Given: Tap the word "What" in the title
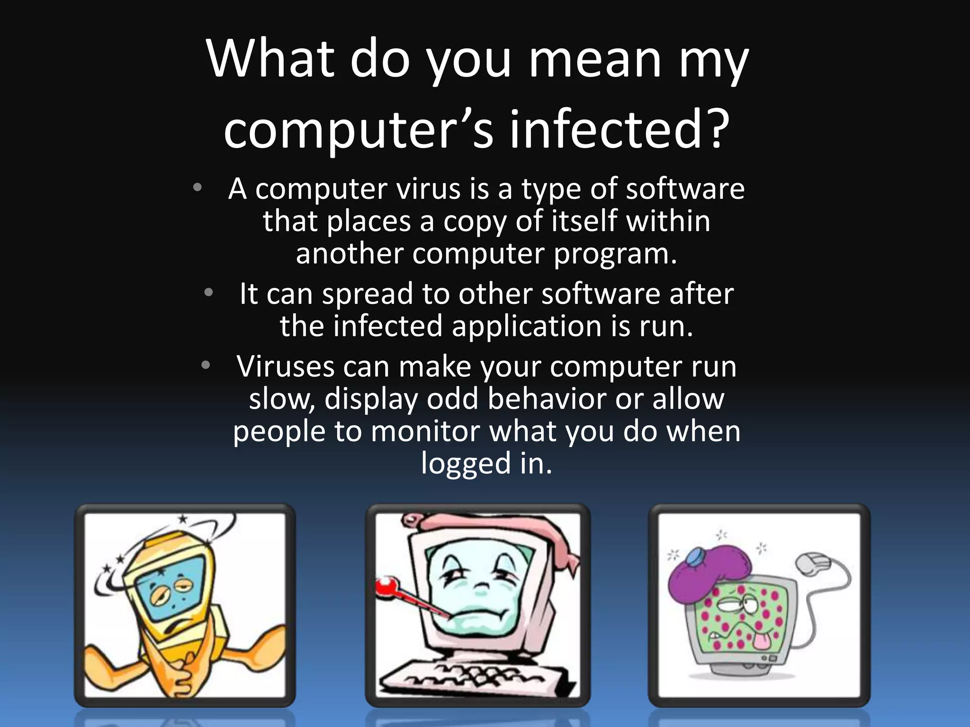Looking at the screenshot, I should pyautogui.click(x=270, y=59).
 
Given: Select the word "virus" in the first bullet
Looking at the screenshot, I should pyautogui.click(x=429, y=189).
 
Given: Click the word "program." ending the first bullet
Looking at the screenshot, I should pyautogui.click(x=616, y=254).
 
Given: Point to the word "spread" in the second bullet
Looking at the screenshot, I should pyautogui.click(x=368, y=294).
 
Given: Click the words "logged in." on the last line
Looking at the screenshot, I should pyautogui.click(x=486, y=463).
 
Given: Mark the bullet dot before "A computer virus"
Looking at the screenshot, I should pyautogui.click(x=198, y=187).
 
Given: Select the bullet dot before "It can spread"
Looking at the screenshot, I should pyautogui.click(x=208, y=293).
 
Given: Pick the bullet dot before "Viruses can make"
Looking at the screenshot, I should pyautogui.click(x=205, y=365).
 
